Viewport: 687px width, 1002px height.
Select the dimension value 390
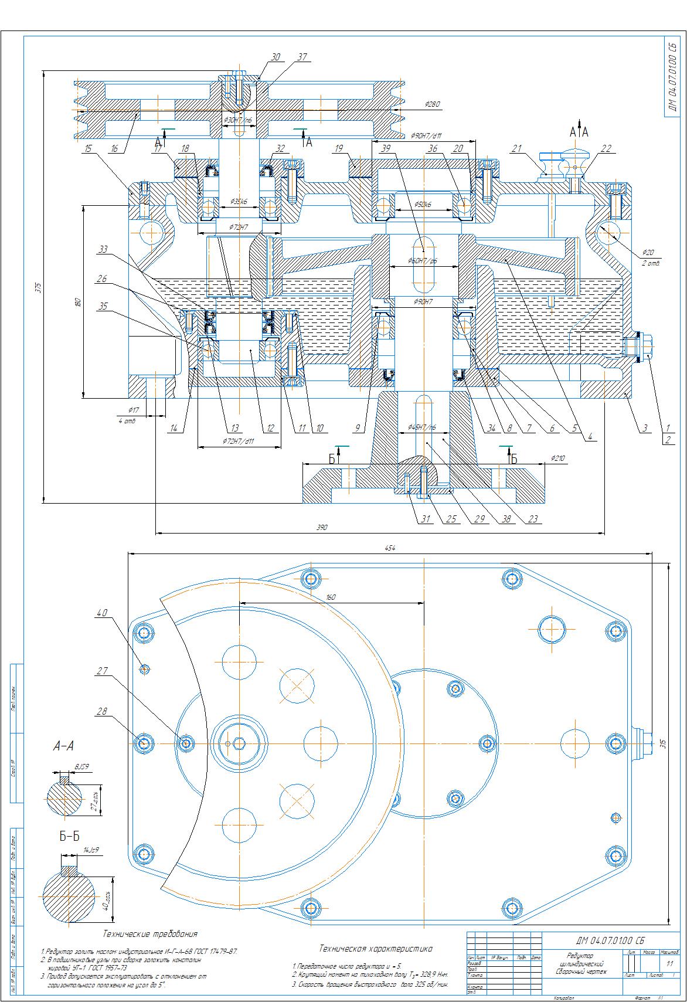click(321, 527)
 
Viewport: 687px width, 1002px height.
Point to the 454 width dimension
click(390, 548)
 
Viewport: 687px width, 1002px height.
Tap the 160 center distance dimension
click(331, 597)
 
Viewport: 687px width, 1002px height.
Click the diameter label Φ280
click(433, 104)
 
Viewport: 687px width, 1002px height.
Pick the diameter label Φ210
click(557, 457)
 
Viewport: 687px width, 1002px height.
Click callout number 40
click(102, 613)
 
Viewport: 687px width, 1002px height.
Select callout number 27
click(102, 671)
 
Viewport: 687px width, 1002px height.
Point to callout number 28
click(102, 711)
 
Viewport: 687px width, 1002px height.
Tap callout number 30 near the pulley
click(276, 57)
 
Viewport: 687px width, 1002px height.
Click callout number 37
click(302, 57)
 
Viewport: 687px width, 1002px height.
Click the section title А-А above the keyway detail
click(63, 746)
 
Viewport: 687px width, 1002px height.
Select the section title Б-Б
click(69, 837)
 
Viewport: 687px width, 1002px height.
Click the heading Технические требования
click(150, 933)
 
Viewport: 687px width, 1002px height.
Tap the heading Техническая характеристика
click(376, 948)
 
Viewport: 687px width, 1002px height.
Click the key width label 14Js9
click(91, 850)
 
